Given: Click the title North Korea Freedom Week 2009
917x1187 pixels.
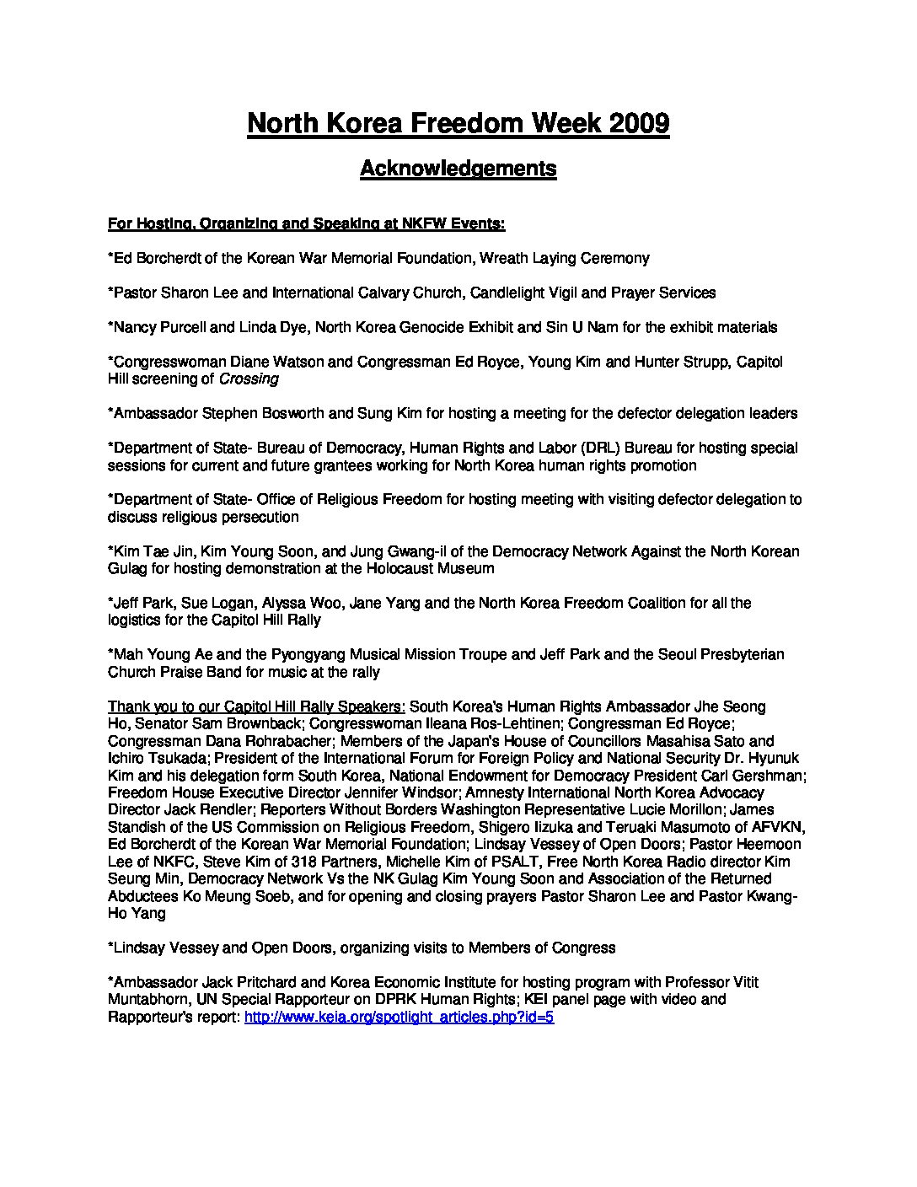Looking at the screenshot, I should click(458, 123).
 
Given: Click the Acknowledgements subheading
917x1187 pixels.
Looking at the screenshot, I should click(458, 168).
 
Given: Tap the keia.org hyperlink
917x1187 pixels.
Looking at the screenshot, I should click(399, 1017).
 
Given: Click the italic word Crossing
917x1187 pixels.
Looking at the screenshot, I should click(249, 379).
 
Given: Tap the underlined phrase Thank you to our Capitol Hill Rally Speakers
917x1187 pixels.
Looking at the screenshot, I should click(256, 706).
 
